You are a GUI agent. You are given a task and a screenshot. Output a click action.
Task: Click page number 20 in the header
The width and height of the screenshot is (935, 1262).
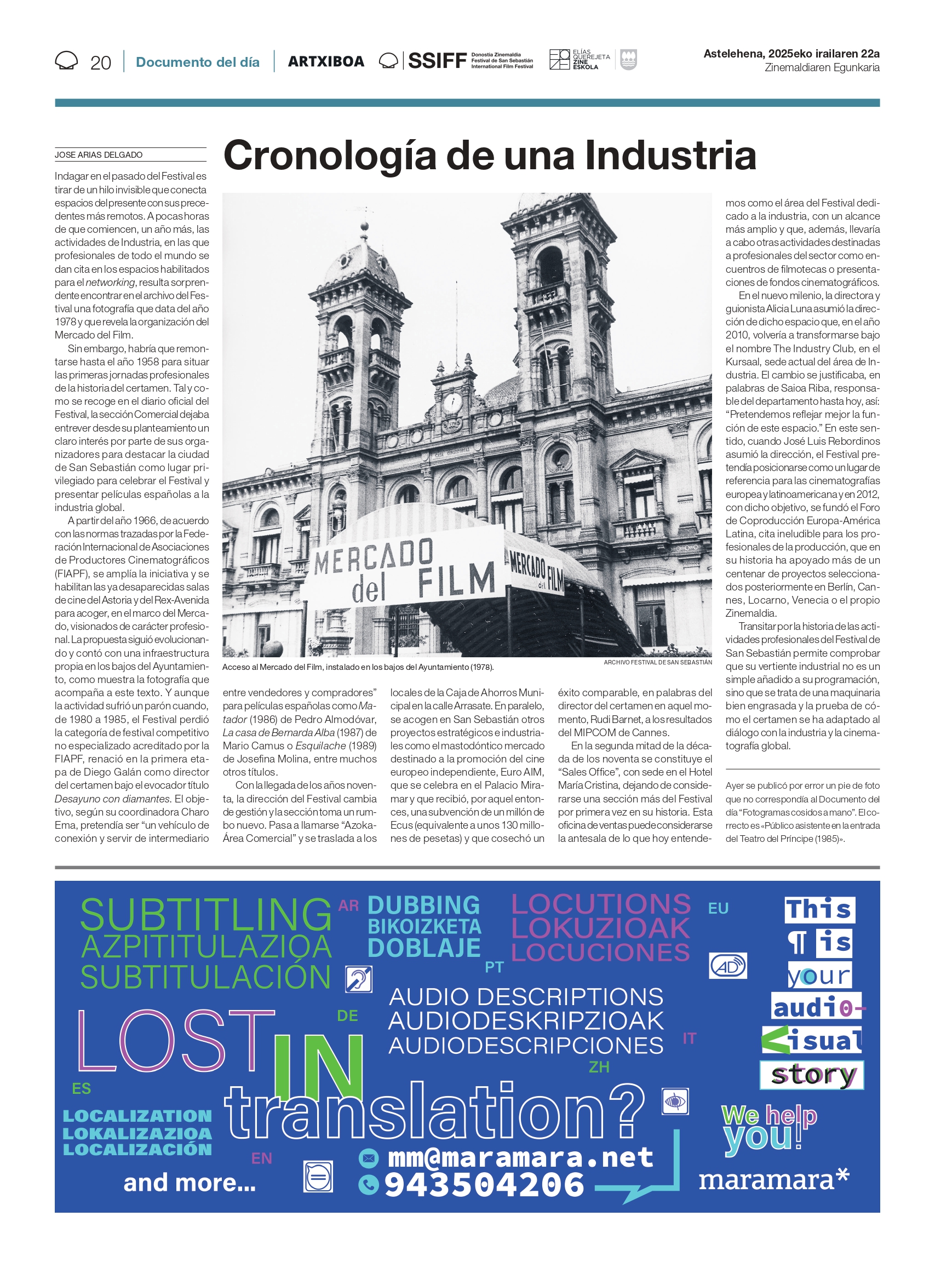pos(100,63)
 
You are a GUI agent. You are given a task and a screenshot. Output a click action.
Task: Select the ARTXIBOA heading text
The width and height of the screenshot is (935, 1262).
pos(326,62)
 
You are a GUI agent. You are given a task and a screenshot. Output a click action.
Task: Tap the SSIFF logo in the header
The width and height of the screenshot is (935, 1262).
pos(437,61)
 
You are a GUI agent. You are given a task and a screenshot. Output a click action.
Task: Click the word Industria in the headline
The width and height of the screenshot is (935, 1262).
pos(670,156)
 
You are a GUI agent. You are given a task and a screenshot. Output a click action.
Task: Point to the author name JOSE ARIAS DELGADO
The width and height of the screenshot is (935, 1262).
pos(99,155)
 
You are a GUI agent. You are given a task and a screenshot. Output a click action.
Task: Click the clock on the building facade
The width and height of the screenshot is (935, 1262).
pos(452,403)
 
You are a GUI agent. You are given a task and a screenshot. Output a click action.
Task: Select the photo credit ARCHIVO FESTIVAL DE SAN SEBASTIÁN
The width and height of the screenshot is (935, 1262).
pos(657,662)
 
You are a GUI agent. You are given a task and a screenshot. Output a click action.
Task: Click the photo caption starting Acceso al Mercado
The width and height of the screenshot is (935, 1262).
pos(358,667)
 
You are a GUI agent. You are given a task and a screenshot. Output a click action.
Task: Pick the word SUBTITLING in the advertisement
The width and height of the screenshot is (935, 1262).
pos(205,915)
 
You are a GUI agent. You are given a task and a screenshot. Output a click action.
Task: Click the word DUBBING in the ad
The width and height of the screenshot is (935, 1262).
pos(423,905)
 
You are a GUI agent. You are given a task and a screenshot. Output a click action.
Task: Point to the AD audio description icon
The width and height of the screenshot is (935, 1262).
pos(727,966)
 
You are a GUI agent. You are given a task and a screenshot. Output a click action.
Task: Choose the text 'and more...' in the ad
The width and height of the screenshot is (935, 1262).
pos(190,1183)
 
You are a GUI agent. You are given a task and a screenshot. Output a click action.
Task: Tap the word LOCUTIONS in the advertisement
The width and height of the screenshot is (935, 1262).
pos(600,904)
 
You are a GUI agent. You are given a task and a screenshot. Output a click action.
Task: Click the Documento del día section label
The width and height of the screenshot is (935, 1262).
pos(198,62)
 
